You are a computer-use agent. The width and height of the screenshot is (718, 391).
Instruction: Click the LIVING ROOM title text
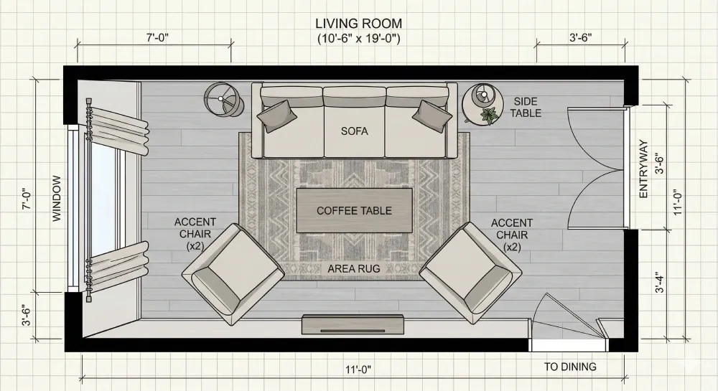click(358, 24)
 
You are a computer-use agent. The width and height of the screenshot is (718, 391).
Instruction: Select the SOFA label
click(354, 131)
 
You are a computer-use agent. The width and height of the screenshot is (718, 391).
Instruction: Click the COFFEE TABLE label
click(354, 210)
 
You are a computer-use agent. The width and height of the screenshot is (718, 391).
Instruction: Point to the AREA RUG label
click(354, 268)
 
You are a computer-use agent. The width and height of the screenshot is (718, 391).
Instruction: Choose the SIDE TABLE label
click(526, 108)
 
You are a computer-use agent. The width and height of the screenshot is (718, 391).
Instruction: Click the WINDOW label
click(57, 199)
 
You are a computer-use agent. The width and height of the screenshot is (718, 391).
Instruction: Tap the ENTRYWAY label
click(643, 169)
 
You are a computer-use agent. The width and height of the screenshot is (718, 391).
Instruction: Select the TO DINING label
click(570, 367)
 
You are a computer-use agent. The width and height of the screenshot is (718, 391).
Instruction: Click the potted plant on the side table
click(490, 115)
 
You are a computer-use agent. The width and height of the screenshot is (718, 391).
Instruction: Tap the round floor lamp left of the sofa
click(222, 99)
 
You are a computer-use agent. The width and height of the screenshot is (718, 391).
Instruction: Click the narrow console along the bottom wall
click(351, 325)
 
